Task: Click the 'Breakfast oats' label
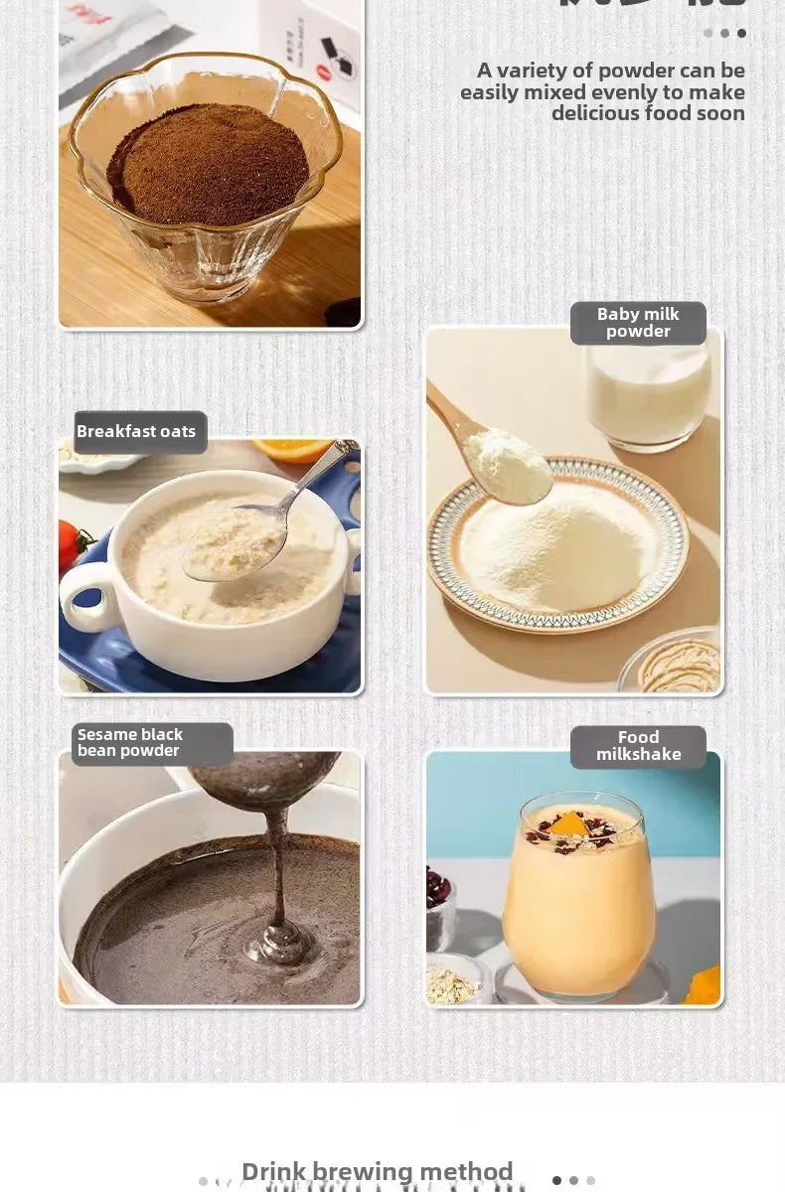tap(136, 432)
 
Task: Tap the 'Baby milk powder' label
tap(638, 323)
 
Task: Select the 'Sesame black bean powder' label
tap(130, 743)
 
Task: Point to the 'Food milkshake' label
tap(638, 746)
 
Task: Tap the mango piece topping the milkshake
tap(568, 823)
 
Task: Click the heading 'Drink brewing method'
tap(377, 1172)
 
